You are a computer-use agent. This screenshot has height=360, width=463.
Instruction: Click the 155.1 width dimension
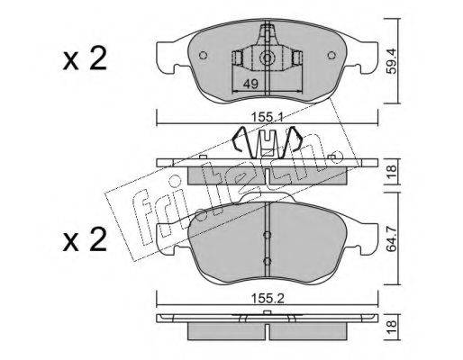268,117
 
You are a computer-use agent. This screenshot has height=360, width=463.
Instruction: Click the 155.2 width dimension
268,299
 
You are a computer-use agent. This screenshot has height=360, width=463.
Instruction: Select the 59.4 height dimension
392,62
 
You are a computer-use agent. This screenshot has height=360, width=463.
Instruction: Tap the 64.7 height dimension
392,238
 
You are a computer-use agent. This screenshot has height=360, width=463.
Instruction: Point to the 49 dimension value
250,84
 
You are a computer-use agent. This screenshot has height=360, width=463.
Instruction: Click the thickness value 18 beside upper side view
392,172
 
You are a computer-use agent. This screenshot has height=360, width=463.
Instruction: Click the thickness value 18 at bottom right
392,327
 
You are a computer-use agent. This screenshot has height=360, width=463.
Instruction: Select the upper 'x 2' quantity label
85,58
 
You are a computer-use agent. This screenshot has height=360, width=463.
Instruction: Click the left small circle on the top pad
204,56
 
